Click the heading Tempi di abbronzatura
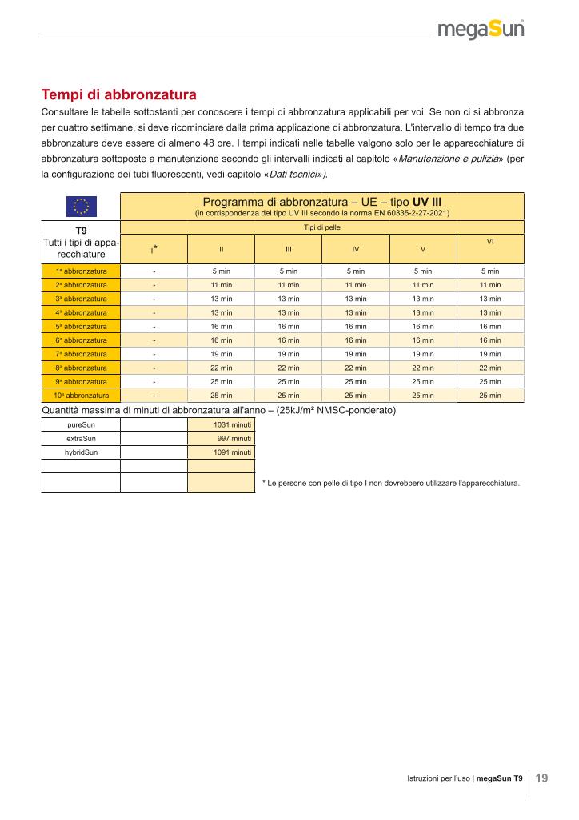coord(119,94)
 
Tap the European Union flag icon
coord(81,207)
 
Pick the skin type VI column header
coord(490,240)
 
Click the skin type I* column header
coord(154,249)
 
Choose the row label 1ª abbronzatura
coord(82,271)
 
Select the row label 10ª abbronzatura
coord(82,395)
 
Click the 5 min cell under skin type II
coord(221,271)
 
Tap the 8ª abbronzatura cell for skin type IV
coord(356,367)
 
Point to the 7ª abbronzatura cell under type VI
coord(490,353)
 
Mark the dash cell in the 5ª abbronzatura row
coord(154,326)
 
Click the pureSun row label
coord(82,424)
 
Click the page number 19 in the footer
coord(541,778)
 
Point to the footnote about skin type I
coord(391,483)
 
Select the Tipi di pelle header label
coord(322,227)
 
